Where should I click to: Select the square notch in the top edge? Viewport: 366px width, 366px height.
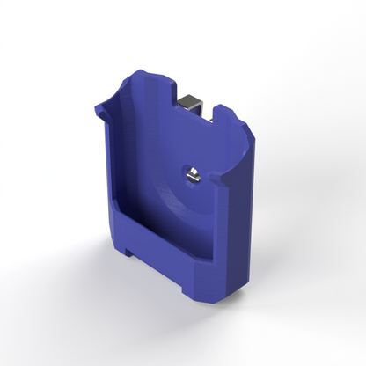[x=195, y=99]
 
